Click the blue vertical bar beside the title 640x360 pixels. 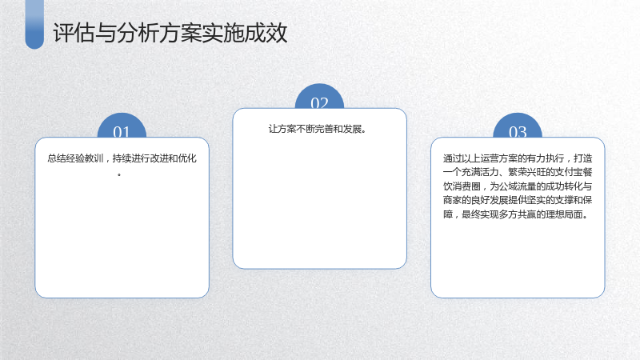(34, 24)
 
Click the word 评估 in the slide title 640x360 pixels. (74, 33)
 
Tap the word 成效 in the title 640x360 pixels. (266, 33)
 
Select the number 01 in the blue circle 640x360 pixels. (122, 132)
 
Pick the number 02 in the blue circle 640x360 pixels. (319, 103)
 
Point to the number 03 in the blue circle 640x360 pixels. (518, 132)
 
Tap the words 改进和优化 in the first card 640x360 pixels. (174, 158)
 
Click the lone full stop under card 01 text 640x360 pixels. (119, 175)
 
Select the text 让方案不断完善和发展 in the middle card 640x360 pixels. (315, 129)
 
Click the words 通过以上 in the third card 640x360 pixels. (462, 158)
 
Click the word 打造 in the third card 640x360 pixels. (583, 158)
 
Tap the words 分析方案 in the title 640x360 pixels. (159, 33)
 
